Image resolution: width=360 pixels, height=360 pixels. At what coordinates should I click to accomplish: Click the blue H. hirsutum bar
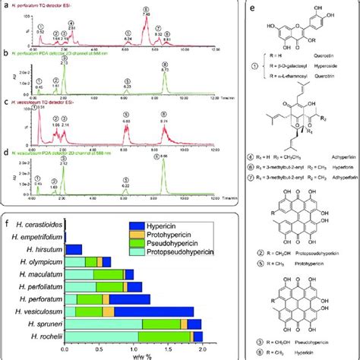[x=74, y=249]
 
